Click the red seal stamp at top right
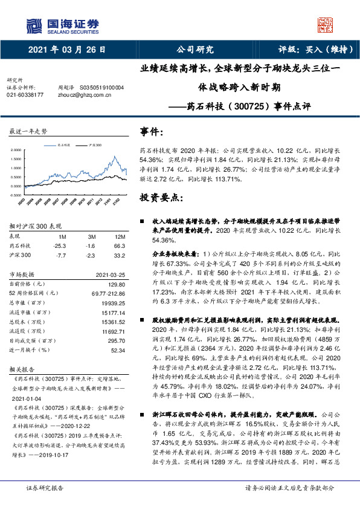pos(325,25)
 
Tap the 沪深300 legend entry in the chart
pos(93,145)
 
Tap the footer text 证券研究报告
pos(43,487)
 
